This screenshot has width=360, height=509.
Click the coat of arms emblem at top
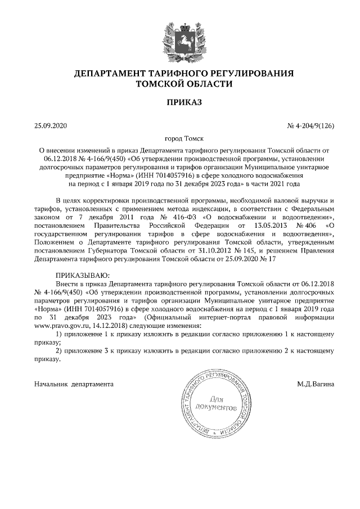click(x=179, y=39)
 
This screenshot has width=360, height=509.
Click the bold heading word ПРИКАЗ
click(x=179, y=102)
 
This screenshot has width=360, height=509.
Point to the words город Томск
click(x=179, y=139)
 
